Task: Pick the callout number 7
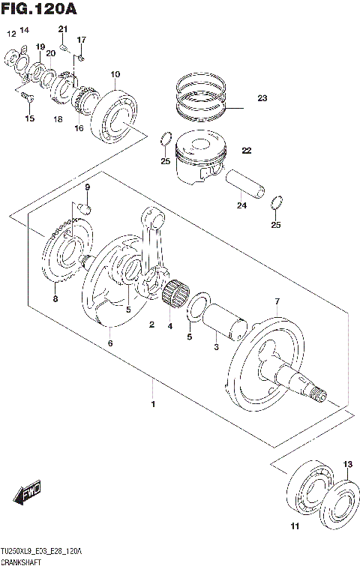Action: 277,301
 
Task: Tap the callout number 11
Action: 295,526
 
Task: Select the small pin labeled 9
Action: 85,205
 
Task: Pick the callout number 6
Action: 109,343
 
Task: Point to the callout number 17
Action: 82,39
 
